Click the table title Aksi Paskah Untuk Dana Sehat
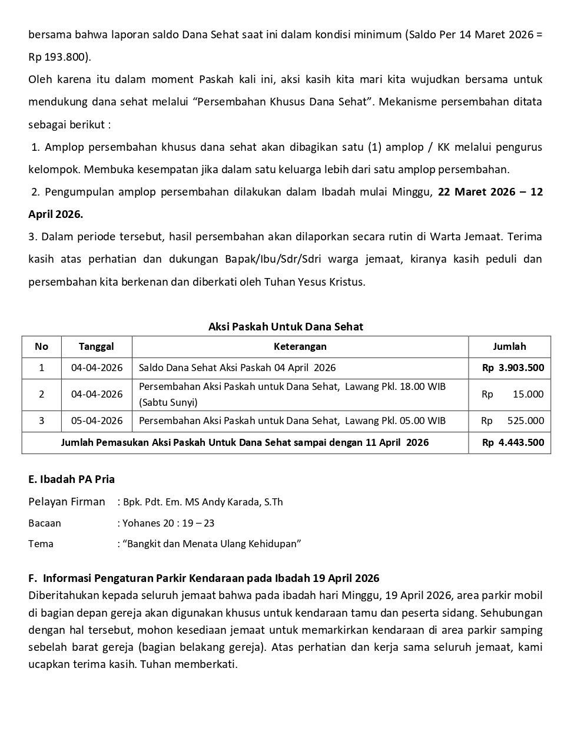point(286,326)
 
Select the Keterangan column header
point(300,346)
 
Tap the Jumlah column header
point(509,346)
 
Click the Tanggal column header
point(97,346)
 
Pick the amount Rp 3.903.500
point(513,368)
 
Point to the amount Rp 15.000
point(513,394)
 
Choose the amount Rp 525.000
point(513,421)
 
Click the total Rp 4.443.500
point(513,442)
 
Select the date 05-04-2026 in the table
point(97,421)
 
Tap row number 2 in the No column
point(41,394)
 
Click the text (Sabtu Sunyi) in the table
point(168,402)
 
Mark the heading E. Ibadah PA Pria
point(71,479)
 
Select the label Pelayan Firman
point(67,502)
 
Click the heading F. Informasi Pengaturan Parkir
point(203,578)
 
